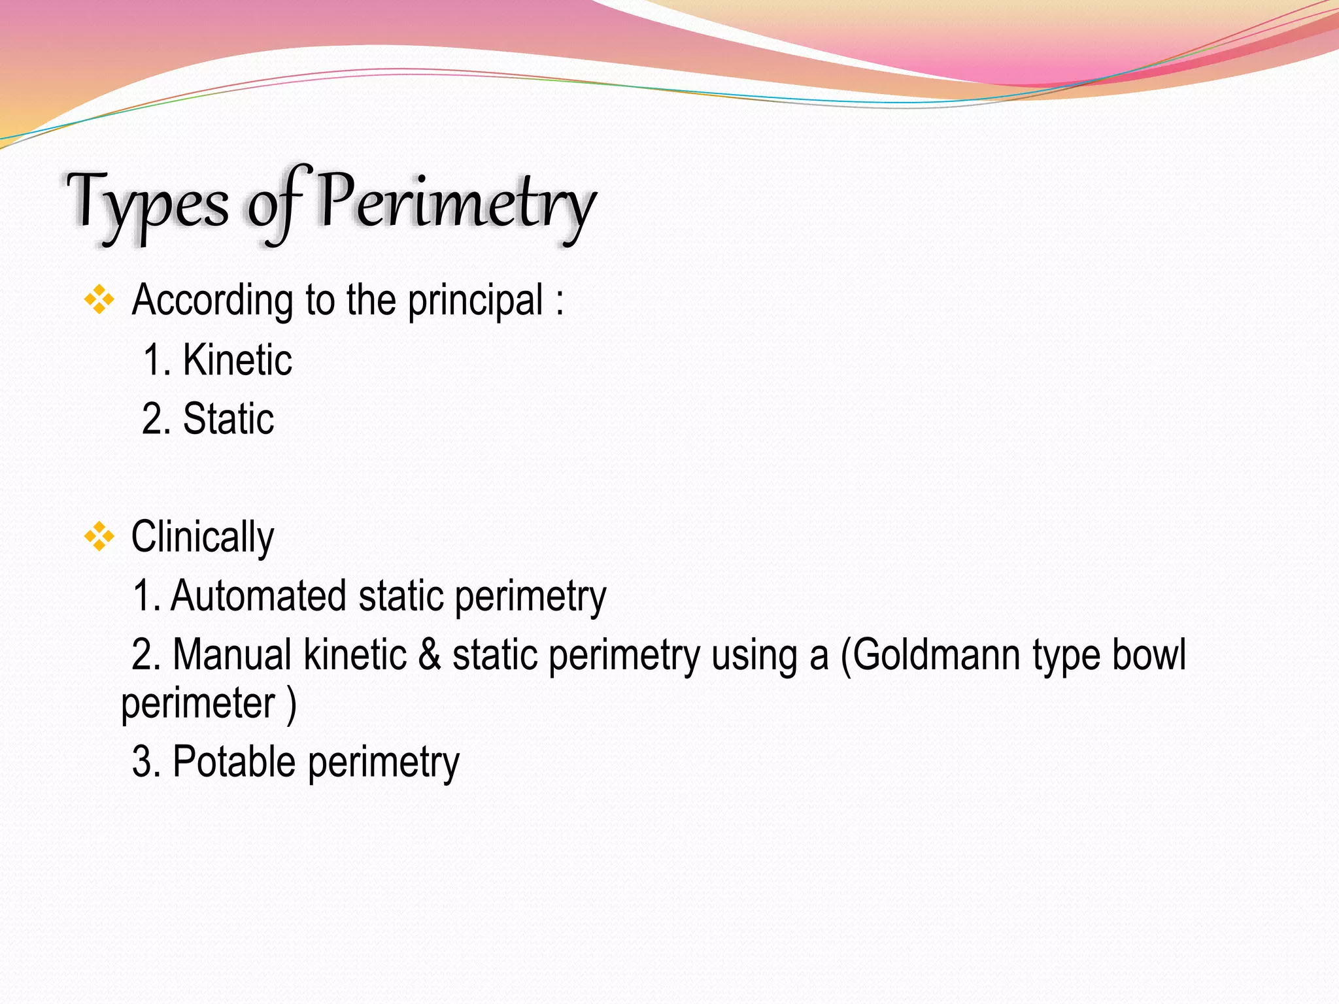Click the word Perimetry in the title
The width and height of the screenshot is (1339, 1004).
[x=456, y=201]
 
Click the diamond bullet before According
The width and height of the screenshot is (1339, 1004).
[x=99, y=301]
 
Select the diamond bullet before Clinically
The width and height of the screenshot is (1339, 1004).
[x=99, y=537]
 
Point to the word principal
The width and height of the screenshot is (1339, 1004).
[x=475, y=301]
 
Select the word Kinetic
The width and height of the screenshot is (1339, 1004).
[x=237, y=360]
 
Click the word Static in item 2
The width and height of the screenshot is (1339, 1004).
[x=228, y=419]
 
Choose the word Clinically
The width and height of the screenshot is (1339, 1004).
[x=202, y=537]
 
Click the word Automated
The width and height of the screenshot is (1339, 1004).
[x=258, y=596]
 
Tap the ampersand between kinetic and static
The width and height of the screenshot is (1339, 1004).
[x=430, y=655]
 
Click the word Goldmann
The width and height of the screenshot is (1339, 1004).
[x=936, y=655]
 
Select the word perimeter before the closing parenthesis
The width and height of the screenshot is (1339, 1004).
[x=198, y=704]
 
